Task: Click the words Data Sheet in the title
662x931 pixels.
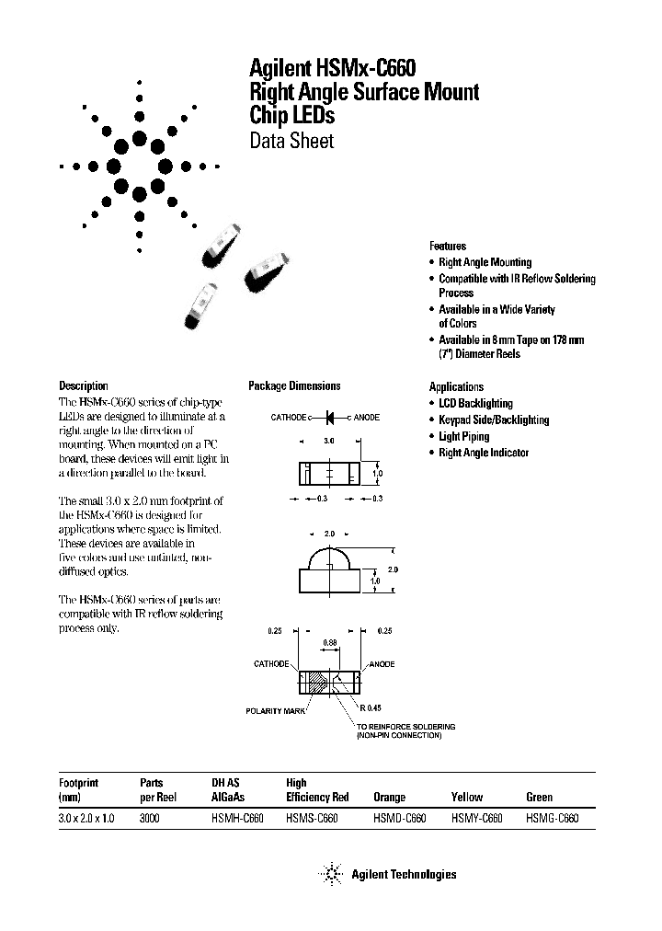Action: (x=291, y=141)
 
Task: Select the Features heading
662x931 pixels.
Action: (x=448, y=246)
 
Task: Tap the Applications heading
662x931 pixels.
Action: (x=456, y=386)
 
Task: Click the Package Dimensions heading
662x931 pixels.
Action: (x=294, y=386)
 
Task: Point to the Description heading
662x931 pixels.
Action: (x=84, y=386)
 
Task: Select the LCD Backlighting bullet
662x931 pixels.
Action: (x=475, y=403)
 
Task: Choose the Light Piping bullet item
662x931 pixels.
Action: (x=463, y=436)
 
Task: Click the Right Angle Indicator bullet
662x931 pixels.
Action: (x=484, y=453)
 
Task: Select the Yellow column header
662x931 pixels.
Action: (x=466, y=797)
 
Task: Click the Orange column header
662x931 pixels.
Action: (x=389, y=797)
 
